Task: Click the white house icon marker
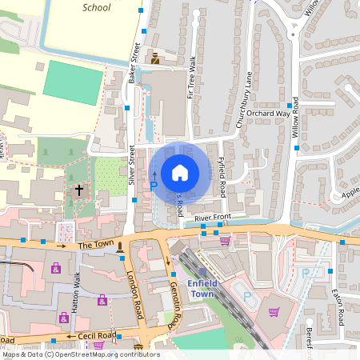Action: tap(180, 172)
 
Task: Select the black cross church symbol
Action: tap(78, 190)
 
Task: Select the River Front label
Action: tap(211, 216)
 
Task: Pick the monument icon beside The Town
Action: tap(120, 246)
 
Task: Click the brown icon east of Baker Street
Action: tap(155, 58)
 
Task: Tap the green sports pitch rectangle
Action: tap(73, 81)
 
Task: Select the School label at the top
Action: tap(97, 7)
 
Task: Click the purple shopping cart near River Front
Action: tap(225, 240)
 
